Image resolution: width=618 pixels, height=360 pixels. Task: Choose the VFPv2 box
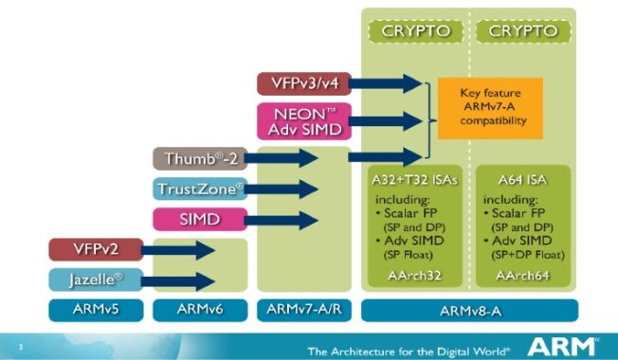[x=98, y=250]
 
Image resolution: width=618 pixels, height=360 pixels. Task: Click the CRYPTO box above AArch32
[x=416, y=31]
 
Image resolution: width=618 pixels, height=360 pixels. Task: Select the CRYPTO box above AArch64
[x=524, y=31]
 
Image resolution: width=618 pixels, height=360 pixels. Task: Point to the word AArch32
[x=416, y=276]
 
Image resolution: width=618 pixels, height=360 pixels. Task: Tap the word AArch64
[x=524, y=276]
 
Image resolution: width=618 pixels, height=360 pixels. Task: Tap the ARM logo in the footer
[x=564, y=345]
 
